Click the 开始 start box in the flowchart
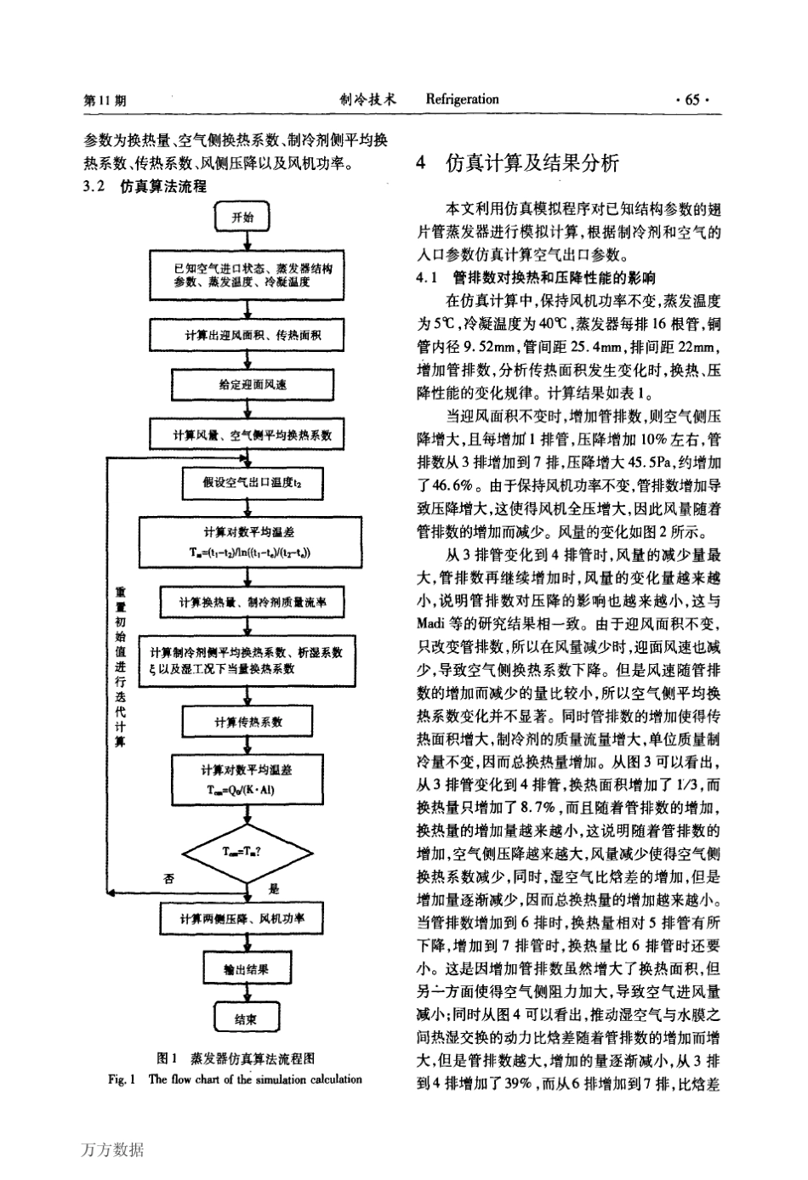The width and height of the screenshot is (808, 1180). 244,218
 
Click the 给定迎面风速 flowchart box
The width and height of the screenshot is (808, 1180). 248,384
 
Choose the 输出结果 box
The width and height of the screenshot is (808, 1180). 246,968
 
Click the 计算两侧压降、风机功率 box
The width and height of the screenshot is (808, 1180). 244,919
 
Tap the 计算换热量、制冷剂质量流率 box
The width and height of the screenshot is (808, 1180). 247,603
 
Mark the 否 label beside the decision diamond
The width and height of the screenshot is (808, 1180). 168,879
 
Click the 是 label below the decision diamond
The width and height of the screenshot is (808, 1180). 274,889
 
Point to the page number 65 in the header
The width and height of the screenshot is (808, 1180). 691,99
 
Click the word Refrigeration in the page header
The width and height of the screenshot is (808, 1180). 462,99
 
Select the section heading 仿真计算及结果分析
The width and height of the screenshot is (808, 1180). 532,163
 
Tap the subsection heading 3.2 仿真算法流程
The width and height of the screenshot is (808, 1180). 145,186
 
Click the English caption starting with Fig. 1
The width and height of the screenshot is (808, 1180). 234,1080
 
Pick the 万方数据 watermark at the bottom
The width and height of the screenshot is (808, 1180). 113,1150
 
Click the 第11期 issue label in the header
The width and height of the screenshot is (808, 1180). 105,100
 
